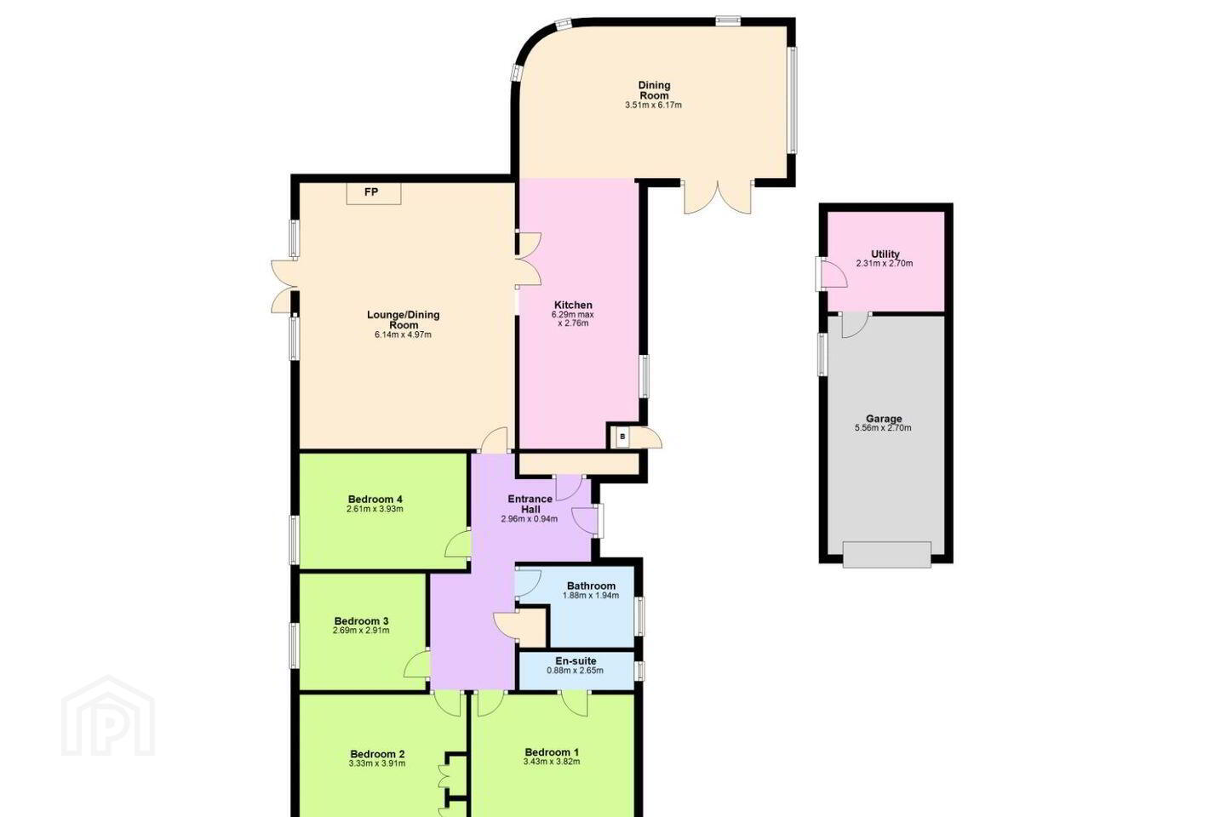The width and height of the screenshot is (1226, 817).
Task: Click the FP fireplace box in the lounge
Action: (373, 193)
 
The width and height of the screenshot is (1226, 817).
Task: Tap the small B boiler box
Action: (622, 437)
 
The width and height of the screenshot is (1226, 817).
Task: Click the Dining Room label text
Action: (654, 90)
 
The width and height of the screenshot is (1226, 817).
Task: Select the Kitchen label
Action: (573, 305)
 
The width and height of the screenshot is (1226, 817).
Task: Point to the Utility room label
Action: (885, 254)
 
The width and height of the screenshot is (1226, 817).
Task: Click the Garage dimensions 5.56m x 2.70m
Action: (883, 428)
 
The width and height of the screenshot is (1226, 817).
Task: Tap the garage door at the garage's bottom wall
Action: (886, 554)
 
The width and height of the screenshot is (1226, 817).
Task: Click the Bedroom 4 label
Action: (375, 499)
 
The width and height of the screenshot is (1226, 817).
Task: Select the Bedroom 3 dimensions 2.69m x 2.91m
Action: (361, 631)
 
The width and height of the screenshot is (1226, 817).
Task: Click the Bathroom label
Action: (591, 586)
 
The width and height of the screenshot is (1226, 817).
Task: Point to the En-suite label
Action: (576, 661)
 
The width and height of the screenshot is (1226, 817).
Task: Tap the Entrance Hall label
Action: (530, 504)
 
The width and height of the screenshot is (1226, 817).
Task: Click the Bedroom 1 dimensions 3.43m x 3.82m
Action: (552, 762)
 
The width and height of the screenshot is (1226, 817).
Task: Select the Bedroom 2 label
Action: (378, 754)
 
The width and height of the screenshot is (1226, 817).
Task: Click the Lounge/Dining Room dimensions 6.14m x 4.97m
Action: (403, 334)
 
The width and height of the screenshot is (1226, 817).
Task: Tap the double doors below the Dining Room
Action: (718, 197)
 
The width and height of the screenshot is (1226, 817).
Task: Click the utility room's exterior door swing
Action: (832, 274)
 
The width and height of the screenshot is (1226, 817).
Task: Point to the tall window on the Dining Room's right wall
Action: (792, 100)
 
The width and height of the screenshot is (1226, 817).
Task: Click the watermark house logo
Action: (108, 716)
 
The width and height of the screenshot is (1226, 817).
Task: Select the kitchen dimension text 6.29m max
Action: (572, 315)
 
